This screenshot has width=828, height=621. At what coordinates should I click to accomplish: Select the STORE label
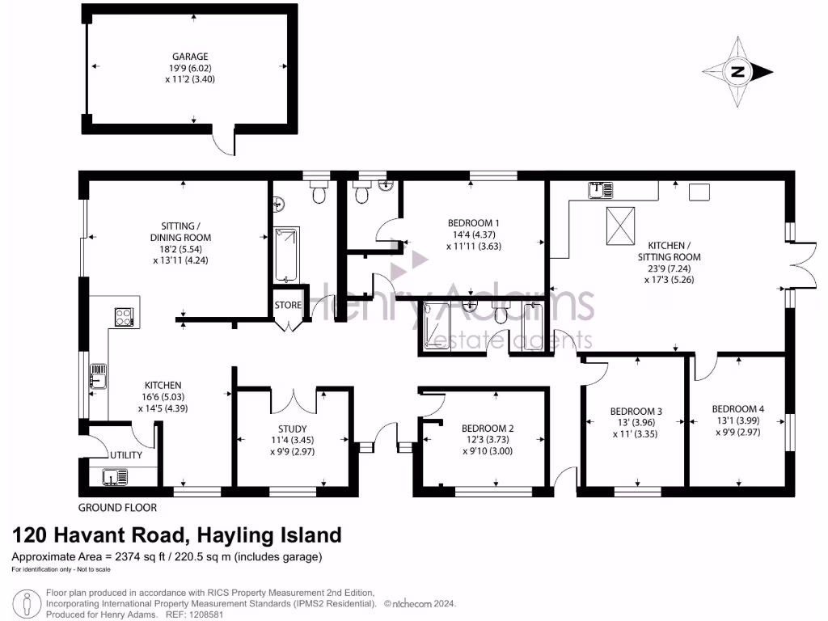click(x=289, y=306)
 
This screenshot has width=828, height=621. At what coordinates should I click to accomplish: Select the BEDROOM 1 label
click(x=473, y=223)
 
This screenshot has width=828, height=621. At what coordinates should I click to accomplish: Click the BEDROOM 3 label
click(x=636, y=412)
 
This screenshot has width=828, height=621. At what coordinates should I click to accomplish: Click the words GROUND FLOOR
click(x=117, y=508)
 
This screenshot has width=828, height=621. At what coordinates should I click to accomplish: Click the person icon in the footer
click(x=28, y=604)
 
